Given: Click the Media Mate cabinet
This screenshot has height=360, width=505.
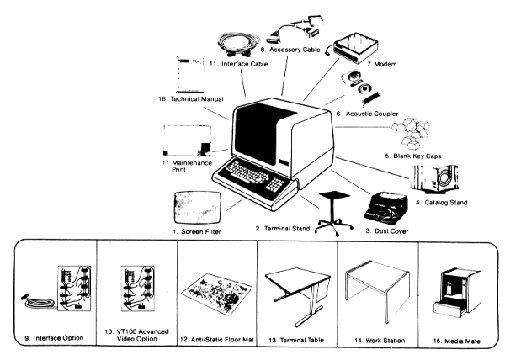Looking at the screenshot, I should (x=458, y=294).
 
